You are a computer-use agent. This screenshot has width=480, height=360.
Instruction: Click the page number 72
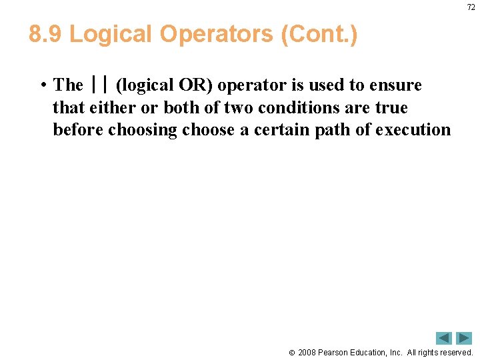[x=471, y=7]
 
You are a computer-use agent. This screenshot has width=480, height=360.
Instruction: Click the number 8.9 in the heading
[x=45, y=35]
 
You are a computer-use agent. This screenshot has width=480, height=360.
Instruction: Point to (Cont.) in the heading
[x=319, y=35]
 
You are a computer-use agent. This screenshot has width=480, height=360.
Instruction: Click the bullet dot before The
[x=42, y=85]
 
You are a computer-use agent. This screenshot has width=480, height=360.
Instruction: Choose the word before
[x=77, y=129]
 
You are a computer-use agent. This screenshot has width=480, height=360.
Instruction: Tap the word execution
[x=413, y=129]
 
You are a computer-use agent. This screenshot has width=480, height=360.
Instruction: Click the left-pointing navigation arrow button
[x=444, y=338]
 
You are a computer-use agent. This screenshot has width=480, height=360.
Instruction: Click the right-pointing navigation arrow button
[x=464, y=338]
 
